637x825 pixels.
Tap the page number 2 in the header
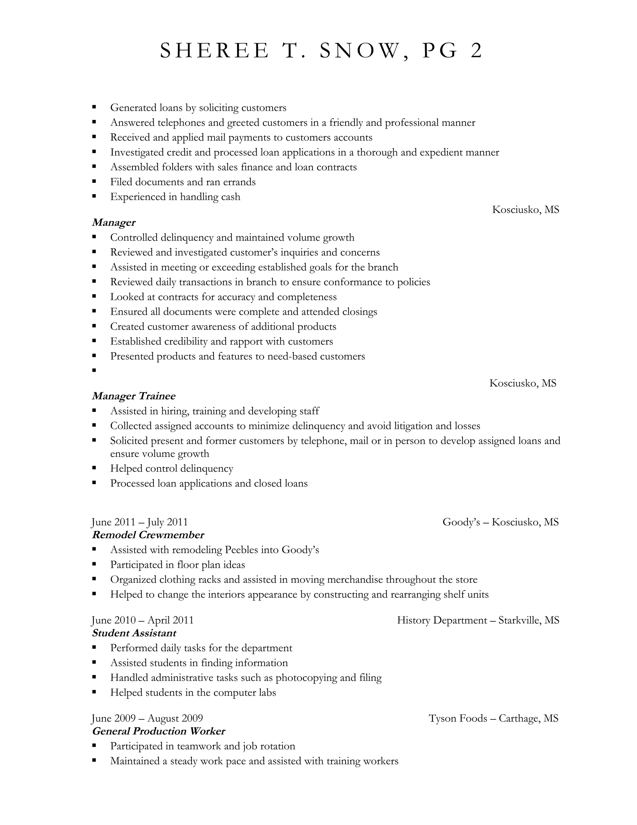click(476, 51)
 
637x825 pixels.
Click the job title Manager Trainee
click(133, 396)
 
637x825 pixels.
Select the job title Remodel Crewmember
click(148, 535)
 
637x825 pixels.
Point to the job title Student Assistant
click(134, 633)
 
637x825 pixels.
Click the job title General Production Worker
click(159, 731)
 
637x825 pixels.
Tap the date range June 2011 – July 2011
click(140, 522)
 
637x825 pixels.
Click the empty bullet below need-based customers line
click(94, 370)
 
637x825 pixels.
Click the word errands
click(239, 182)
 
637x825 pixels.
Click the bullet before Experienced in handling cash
click(94, 196)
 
